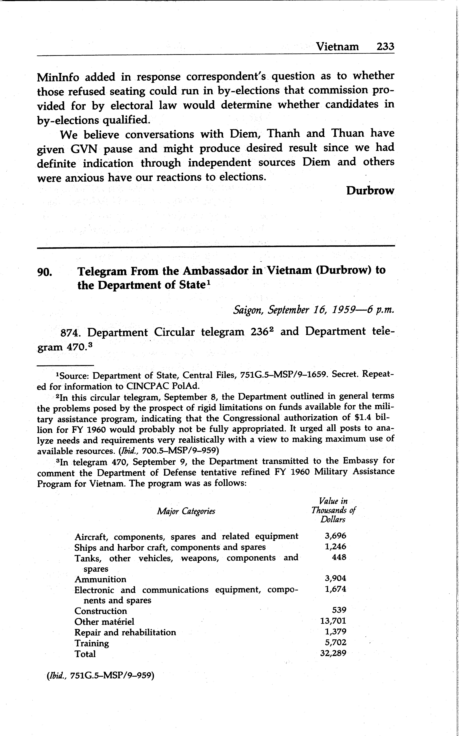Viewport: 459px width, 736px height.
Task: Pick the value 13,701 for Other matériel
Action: point(333,621)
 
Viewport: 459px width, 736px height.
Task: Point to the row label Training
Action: point(92,643)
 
